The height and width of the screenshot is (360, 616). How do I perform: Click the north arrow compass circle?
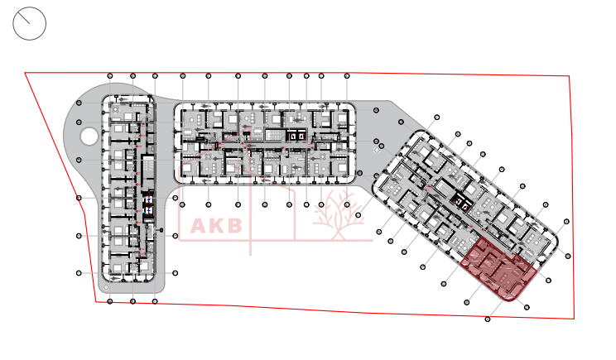(x=30, y=23)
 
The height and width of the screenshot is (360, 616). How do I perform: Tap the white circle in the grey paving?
(x=88, y=137)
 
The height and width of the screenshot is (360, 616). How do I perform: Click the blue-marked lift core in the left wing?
(x=149, y=205)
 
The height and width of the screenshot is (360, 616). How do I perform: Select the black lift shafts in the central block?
(x=296, y=135)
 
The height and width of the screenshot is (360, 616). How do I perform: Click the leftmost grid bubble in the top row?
(x=111, y=76)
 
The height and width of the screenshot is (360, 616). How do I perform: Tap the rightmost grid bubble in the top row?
(x=347, y=76)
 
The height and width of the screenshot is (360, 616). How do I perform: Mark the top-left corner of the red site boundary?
(x=25, y=73)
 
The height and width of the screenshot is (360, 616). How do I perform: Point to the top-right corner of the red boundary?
(x=570, y=76)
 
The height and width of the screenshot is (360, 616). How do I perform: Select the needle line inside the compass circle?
(x=30, y=22)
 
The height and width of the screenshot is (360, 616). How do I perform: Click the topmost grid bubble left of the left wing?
(x=79, y=103)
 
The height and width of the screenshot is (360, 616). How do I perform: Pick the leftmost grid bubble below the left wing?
(x=109, y=303)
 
